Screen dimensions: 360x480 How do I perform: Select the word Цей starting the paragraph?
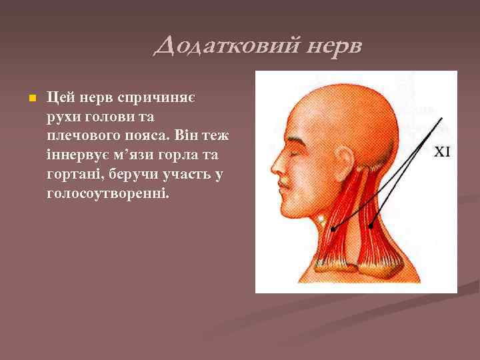(57, 98)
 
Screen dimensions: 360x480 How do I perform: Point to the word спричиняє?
(156, 98)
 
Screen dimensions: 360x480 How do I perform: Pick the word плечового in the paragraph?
(76, 136)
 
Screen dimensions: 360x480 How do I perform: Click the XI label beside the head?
(443, 152)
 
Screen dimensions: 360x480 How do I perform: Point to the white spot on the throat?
(323, 217)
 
